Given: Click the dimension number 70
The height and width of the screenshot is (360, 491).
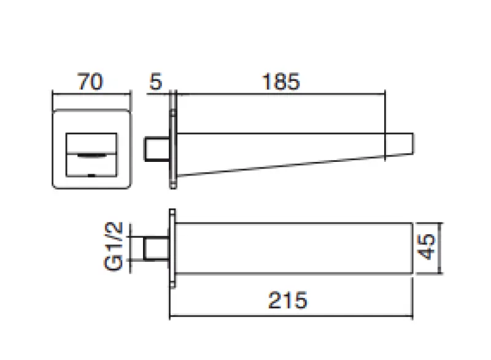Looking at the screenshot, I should pyautogui.click(x=90, y=82).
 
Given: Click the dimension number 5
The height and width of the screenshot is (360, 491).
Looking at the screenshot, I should pyautogui.click(x=156, y=82).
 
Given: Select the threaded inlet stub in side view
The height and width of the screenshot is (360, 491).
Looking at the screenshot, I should pyautogui.click(x=157, y=149).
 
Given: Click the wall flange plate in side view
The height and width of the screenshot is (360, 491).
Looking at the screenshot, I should pyautogui.click(x=174, y=140).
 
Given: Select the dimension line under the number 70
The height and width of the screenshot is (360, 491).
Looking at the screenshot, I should pyautogui.click(x=91, y=94).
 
